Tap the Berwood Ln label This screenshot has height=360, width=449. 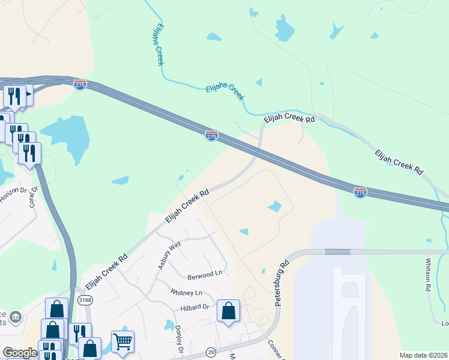pos(205,273)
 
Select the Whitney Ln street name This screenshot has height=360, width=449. pos(186,293)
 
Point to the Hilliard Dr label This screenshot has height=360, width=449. pos(194,307)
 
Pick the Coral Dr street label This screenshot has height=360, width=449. pos(34,196)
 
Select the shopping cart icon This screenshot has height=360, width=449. pos(122,341)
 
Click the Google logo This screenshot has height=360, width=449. pos(19,353)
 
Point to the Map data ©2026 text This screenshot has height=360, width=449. pos(423,355)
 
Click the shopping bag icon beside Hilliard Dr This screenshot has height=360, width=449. pos(228,311)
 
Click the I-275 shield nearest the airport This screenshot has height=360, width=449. pos(360,193)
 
